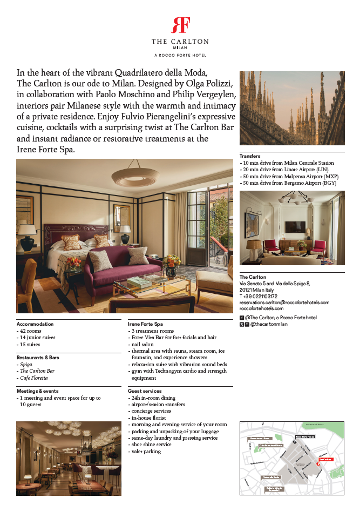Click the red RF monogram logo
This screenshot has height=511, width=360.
coord(180,25)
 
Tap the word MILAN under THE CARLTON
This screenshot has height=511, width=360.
coord(180,48)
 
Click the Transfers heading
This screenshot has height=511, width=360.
coord(250,156)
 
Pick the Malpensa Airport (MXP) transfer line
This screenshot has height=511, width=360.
coord(289,177)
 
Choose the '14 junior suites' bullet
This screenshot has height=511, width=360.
coord(37,337)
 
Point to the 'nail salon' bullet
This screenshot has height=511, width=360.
coord(143,344)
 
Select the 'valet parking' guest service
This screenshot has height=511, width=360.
coord(146,451)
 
